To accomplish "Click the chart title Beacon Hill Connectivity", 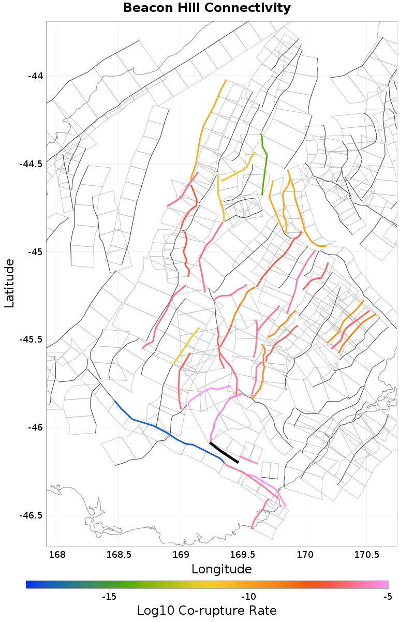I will click(x=207, y=8).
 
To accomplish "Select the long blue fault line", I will click(x=155, y=427).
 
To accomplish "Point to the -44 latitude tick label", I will click(x=35, y=76).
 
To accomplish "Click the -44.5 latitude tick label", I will click(x=32, y=164).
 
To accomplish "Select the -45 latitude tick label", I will click(x=35, y=252).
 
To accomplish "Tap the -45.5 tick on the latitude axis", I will click(x=32, y=339).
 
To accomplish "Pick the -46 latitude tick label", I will click(x=35, y=427).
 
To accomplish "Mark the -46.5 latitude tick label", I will click(x=32, y=515).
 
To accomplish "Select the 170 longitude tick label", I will click(x=305, y=555).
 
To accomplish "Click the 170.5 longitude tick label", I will click(x=366, y=555).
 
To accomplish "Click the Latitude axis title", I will click(x=9, y=284).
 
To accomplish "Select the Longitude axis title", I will click(x=221, y=569).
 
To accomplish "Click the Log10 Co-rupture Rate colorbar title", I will click(x=207, y=610).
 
